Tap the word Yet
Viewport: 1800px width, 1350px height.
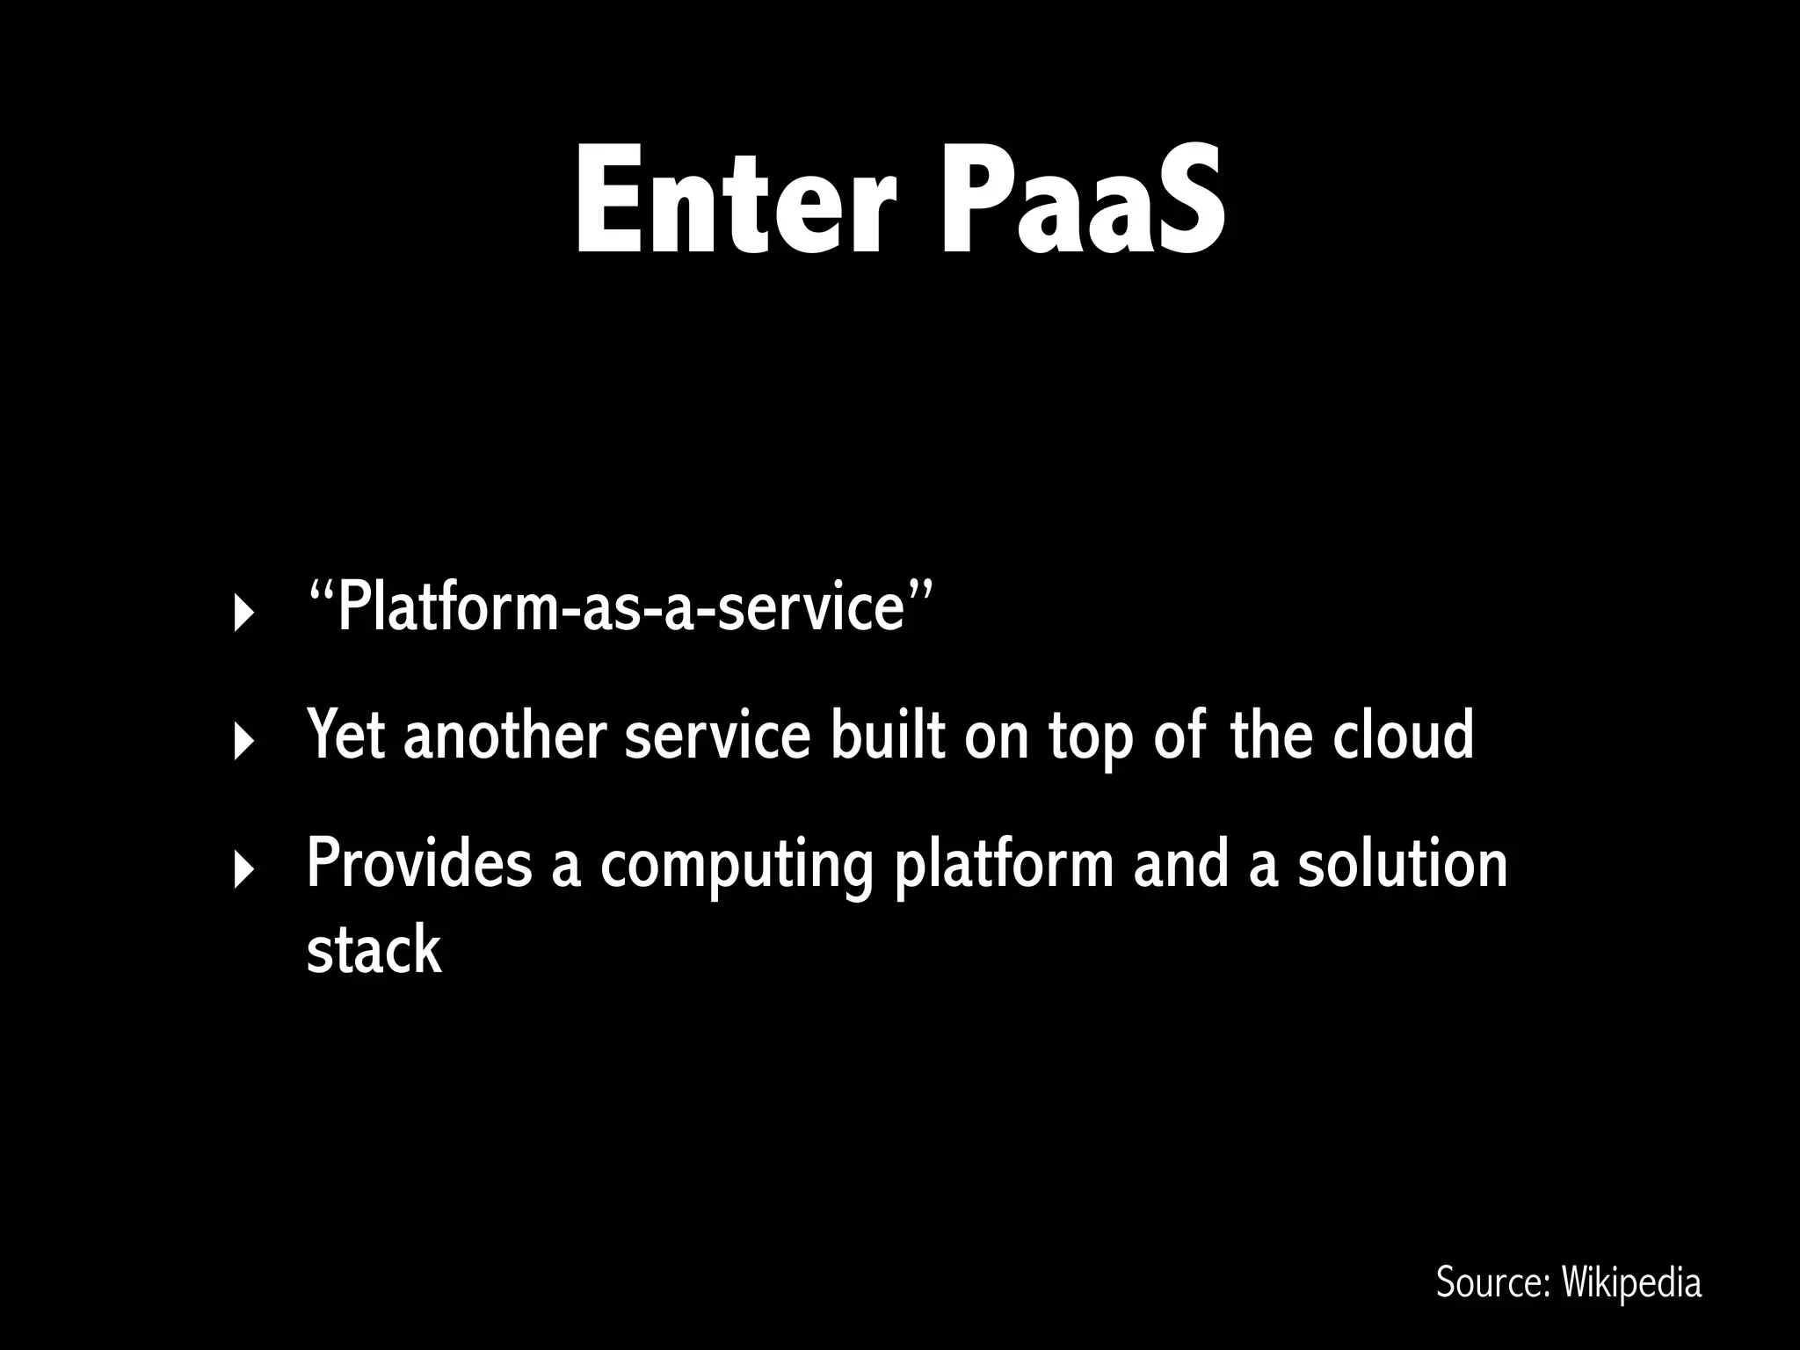pos(345,735)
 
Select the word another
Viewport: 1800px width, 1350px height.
pos(504,735)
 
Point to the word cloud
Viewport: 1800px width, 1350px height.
pos(1403,735)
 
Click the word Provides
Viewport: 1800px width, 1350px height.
pos(419,863)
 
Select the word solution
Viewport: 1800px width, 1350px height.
pos(1403,863)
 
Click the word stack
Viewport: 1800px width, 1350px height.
pos(374,949)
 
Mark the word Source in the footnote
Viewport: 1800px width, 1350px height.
pos(1492,1282)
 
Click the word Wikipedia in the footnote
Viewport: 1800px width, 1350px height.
pos(1631,1282)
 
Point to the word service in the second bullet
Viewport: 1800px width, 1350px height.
pos(717,735)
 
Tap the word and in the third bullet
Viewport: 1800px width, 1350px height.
pos(1179,863)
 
